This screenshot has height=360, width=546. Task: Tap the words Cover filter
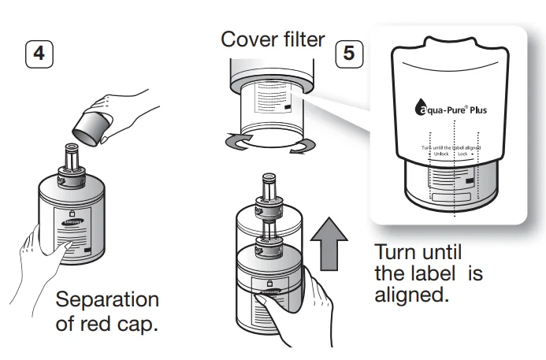[x=273, y=39]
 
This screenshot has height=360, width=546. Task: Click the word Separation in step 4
[x=106, y=300]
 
